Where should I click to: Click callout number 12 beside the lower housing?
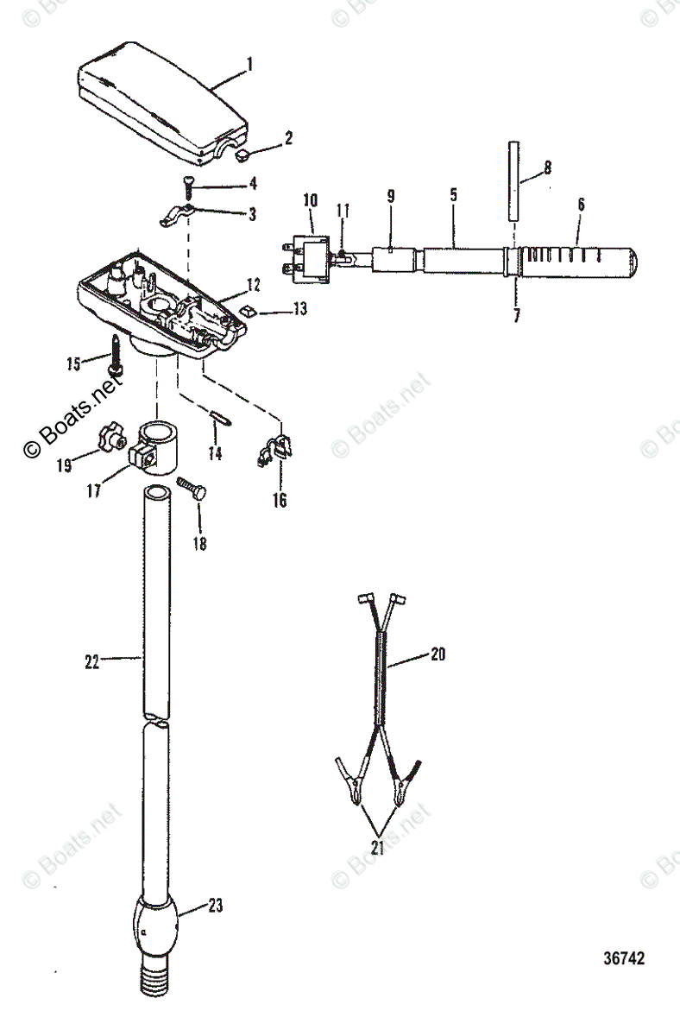coord(254,284)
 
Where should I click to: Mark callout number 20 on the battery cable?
coord(439,655)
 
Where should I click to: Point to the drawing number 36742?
coord(623,959)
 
